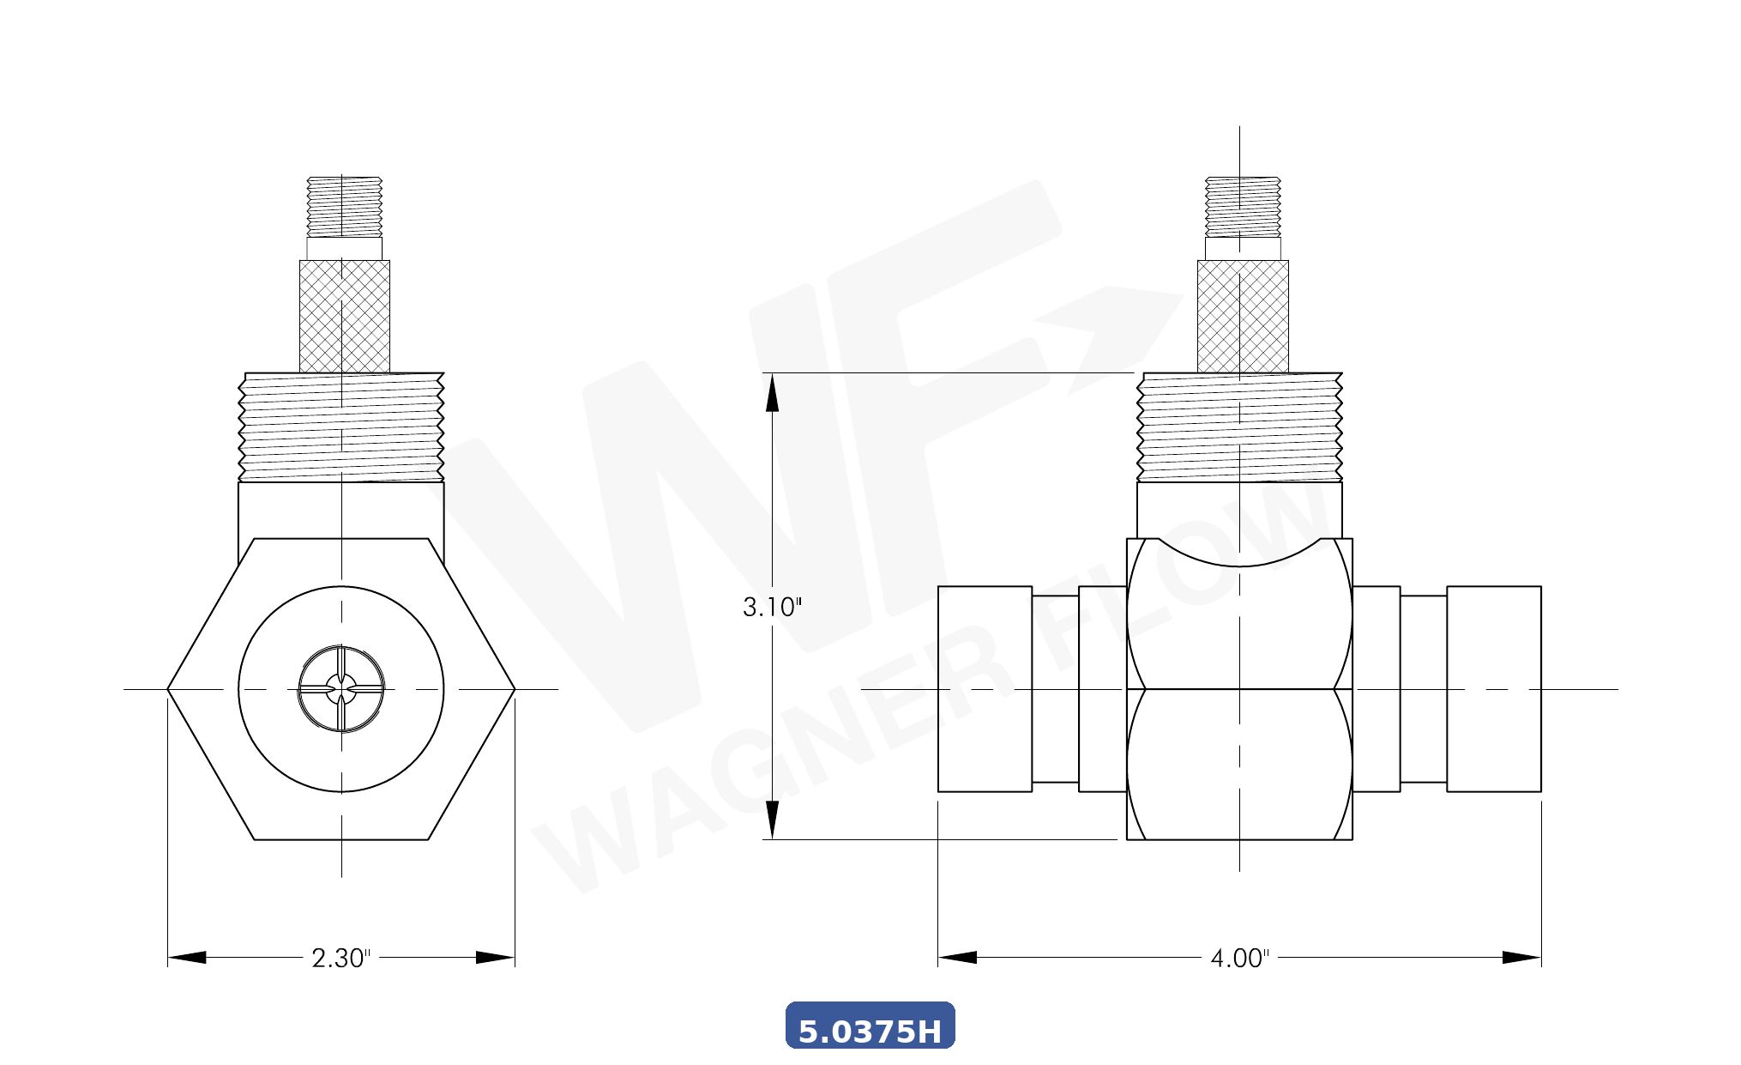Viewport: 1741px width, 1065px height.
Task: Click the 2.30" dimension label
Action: (x=340, y=958)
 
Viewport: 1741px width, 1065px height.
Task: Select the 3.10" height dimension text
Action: (x=772, y=607)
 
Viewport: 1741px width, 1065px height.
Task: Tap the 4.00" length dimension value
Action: (x=1239, y=958)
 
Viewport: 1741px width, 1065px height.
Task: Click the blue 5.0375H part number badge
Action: (x=870, y=1026)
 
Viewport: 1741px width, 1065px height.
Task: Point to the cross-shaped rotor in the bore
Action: (x=341, y=688)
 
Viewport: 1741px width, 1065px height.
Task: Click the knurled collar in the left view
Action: (x=345, y=316)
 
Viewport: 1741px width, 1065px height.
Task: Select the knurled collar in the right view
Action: (x=1243, y=316)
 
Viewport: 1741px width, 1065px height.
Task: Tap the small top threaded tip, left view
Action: (x=345, y=207)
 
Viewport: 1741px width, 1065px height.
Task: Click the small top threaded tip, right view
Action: (x=1243, y=207)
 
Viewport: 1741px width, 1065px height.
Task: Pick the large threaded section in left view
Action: (x=341, y=427)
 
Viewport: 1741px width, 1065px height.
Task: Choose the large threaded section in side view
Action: (x=1239, y=427)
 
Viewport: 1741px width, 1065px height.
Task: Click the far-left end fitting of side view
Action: (x=985, y=688)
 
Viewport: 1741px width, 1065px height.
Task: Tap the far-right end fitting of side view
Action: (x=1494, y=688)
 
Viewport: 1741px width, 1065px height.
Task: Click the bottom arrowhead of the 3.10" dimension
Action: (x=772, y=820)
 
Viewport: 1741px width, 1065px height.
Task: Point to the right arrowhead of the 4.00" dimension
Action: (x=1521, y=958)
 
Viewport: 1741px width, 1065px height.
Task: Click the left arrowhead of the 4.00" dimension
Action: (x=957, y=958)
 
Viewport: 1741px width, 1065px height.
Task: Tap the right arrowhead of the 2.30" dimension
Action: (x=495, y=958)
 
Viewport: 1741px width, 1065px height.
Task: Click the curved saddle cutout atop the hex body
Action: (x=1239, y=554)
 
